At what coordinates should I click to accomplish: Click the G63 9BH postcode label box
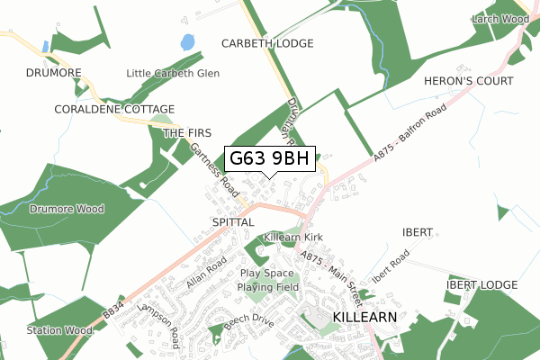click(269, 159)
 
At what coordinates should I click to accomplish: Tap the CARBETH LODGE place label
click(268, 43)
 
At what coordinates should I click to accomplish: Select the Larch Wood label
click(501, 18)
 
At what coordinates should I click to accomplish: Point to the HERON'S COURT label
click(462, 81)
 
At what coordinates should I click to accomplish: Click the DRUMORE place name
click(54, 73)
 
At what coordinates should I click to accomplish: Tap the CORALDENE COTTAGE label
click(88, 110)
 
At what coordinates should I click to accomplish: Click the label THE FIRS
click(187, 132)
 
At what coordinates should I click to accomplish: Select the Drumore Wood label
click(67, 209)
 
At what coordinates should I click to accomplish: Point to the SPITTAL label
click(234, 220)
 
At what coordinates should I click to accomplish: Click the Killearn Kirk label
click(293, 238)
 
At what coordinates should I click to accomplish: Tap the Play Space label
click(267, 273)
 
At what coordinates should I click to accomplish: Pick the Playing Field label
click(268, 287)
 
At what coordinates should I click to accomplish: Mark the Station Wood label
click(59, 330)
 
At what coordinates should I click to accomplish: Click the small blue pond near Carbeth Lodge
click(187, 41)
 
